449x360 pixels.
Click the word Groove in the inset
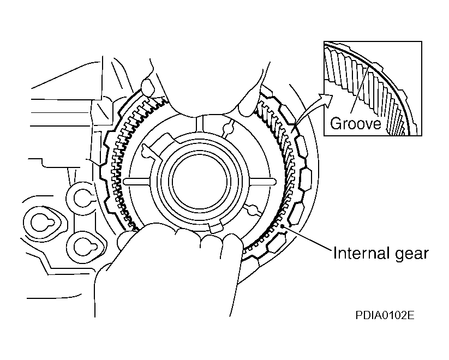point(356,124)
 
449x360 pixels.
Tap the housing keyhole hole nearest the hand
point(86,244)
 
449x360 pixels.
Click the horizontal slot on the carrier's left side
point(136,181)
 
